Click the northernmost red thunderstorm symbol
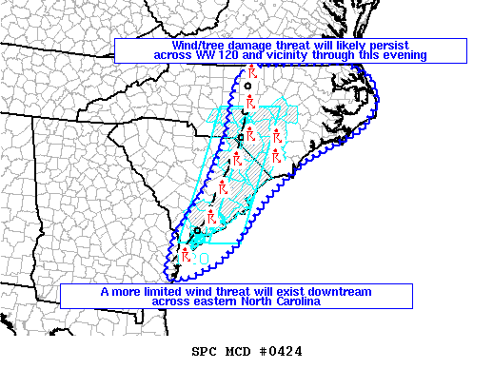(251, 73)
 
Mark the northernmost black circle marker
(248, 87)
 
